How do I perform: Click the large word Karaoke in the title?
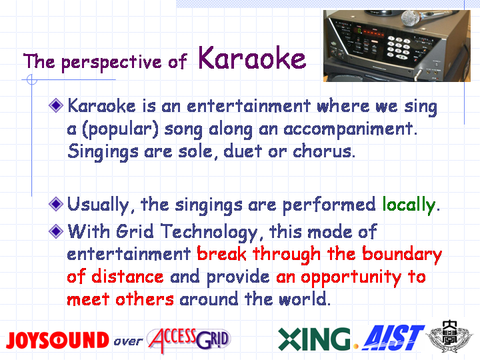tap(252, 58)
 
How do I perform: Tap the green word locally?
tap(409, 205)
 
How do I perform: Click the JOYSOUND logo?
tap(57, 340)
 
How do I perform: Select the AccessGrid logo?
tap(189, 340)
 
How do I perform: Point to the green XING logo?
tap(314, 339)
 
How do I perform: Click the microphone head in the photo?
tap(411, 18)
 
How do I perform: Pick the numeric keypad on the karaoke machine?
tap(398, 47)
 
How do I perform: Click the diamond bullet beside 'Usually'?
tap(56, 204)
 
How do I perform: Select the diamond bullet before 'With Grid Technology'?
tap(56, 231)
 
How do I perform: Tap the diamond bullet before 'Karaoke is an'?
tap(56, 105)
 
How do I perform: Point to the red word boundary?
tap(402, 255)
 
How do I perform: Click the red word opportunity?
tap(351, 278)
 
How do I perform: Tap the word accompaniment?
tap(350, 129)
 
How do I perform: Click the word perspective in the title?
tap(111, 63)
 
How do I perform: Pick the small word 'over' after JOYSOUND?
tap(128, 341)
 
